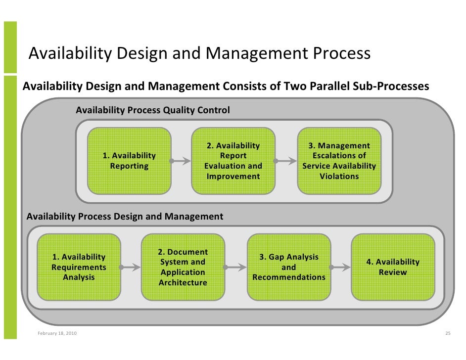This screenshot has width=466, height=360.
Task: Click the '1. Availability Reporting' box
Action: [129, 161]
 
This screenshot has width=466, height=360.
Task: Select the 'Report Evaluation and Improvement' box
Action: [233, 161]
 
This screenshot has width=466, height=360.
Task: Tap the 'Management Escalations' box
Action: [339, 161]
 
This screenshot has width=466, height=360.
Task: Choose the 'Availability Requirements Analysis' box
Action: [79, 267]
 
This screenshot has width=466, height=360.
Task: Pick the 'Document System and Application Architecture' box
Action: [183, 267]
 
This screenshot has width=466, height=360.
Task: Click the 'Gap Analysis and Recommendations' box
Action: [288, 267]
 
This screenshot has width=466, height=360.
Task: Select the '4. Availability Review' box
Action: [393, 267]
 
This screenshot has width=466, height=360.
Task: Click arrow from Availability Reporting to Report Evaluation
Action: [181, 161]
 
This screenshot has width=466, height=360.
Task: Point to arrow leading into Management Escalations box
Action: [285, 161]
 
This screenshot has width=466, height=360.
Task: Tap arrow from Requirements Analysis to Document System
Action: [130, 267]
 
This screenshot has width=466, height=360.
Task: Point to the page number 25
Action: [448, 333]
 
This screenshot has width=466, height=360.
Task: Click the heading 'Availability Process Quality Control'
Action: [152, 110]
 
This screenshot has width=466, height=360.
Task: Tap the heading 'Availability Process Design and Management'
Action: [125, 217]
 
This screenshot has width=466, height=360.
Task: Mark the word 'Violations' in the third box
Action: [339, 176]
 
